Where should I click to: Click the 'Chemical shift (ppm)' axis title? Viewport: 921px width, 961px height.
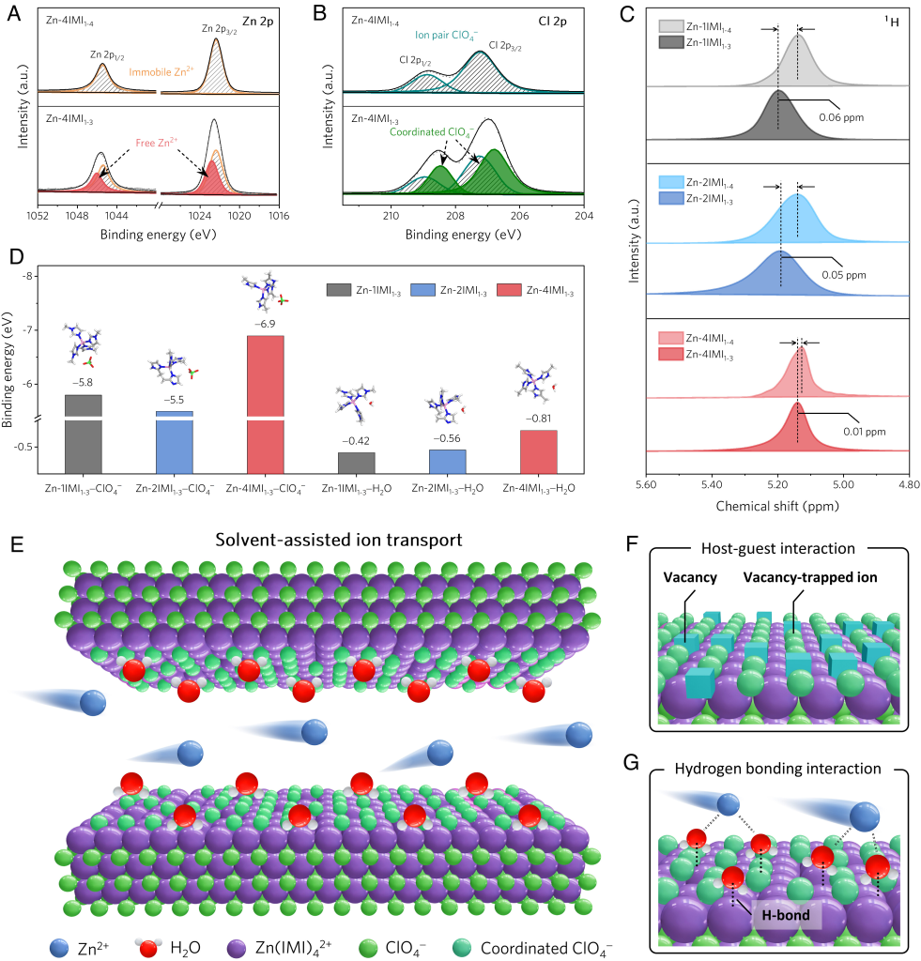coord(776,505)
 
